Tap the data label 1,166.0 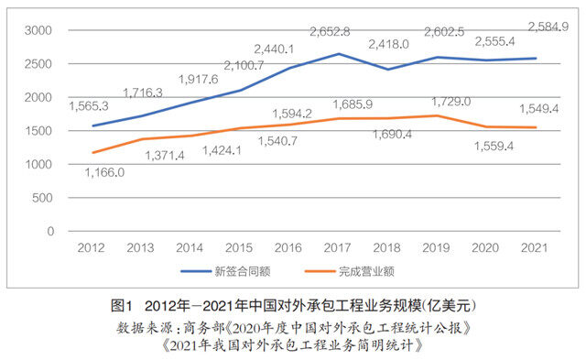[x=104, y=170]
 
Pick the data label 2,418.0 [x=388, y=43]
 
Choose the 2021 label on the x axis [x=533, y=247]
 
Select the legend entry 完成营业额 [x=368, y=272]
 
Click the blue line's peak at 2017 [x=338, y=54]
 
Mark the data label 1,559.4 [x=494, y=146]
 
